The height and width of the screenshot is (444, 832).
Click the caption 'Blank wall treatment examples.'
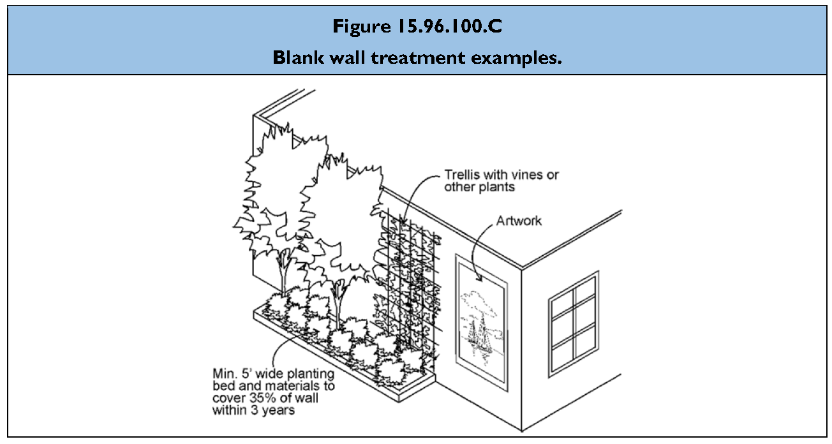coord(417,57)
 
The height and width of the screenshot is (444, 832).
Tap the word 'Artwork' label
coord(519,221)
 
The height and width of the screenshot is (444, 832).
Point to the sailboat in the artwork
coord(479,332)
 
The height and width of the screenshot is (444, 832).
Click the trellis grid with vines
coord(408,274)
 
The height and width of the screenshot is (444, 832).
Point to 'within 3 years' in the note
coord(253,410)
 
